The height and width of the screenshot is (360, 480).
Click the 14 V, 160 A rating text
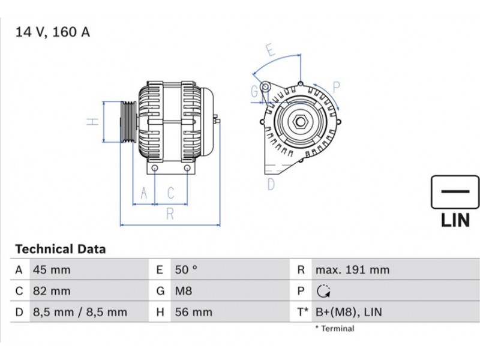[x=53, y=32]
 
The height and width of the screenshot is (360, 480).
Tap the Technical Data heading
[x=61, y=249]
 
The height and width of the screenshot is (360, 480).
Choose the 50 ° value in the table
[x=186, y=270]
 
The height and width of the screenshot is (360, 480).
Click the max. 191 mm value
[x=352, y=270]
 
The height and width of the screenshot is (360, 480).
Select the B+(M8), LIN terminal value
[x=349, y=312]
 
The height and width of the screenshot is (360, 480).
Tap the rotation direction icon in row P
[x=323, y=291]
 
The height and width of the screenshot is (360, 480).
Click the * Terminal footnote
[x=335, y=329]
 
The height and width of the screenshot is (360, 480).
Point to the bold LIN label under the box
[x=455, y=220]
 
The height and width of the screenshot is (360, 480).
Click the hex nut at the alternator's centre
[x=301, y=122]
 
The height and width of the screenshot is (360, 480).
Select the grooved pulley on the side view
[x=128, y=122]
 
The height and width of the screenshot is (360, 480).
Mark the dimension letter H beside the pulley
[x=92, y=122]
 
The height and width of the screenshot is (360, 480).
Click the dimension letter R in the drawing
[x=170, y=214]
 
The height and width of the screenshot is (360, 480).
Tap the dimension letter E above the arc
[x=271, y=50]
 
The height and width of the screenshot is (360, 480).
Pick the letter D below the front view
[x=271, y=184]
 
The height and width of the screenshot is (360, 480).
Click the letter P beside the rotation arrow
[x=336, y=88]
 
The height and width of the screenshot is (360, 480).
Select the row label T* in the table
[x=302, y=312]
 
